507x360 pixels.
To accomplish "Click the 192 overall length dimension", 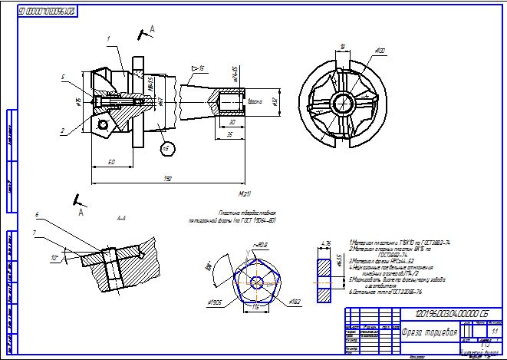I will (x=167, y=178).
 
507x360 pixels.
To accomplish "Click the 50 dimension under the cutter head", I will (x=111, y=161).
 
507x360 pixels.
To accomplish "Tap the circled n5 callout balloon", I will (x=165, y=147).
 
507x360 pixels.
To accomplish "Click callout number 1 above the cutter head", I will (x=109, y=38).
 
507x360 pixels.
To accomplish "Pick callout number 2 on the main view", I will (x=62, y=130).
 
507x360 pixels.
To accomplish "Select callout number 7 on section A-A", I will (x=35, y=232).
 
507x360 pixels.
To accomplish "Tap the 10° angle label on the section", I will (x=54, y=259).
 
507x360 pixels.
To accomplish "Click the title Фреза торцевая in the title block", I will (x=430, y=332).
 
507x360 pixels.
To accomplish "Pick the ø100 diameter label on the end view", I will (x=379, y=51).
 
